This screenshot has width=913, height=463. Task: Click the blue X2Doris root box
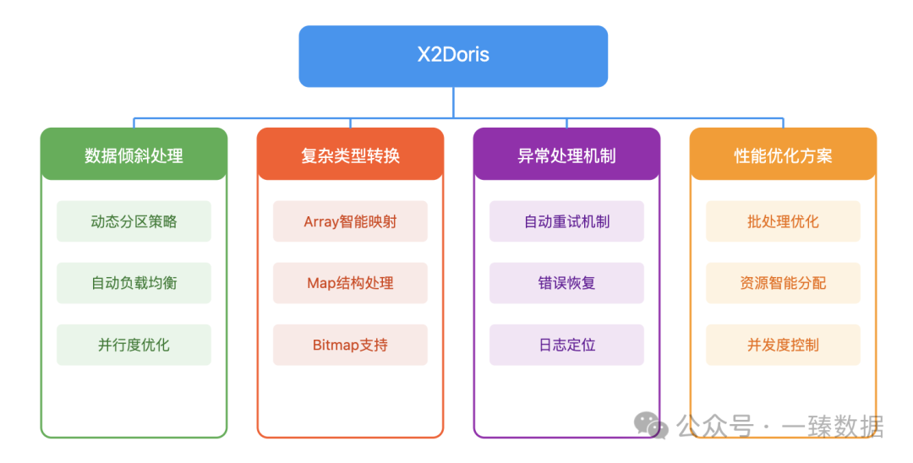tap(453, 56)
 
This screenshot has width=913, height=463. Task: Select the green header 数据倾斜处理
tap(134, 155)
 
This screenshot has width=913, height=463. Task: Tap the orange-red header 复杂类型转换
tap(350, 155)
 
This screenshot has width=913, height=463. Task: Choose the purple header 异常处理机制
tap(566, 155)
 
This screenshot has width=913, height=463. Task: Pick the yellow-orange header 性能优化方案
tap(783, 155)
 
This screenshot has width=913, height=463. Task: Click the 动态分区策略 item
tap(134, 221)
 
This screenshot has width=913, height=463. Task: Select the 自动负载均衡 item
tap(134, 283)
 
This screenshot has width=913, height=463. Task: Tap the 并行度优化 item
tap(134, 345)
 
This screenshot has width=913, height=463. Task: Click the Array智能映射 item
tap(350, 221)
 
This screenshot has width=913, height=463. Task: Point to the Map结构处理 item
tap(350, 283)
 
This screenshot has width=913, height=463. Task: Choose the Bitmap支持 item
tap(350, 345)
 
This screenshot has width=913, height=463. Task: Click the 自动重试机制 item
tap(566, 221)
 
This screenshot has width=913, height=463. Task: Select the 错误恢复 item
tap(566, 283)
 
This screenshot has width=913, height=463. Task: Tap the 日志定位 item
tap(566, 345)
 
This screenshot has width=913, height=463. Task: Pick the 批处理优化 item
tap(783, 221)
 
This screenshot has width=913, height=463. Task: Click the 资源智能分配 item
tap(783, 283)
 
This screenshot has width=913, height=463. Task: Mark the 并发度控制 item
tap(783, 345)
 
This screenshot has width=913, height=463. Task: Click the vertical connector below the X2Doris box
tap(453, 101)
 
